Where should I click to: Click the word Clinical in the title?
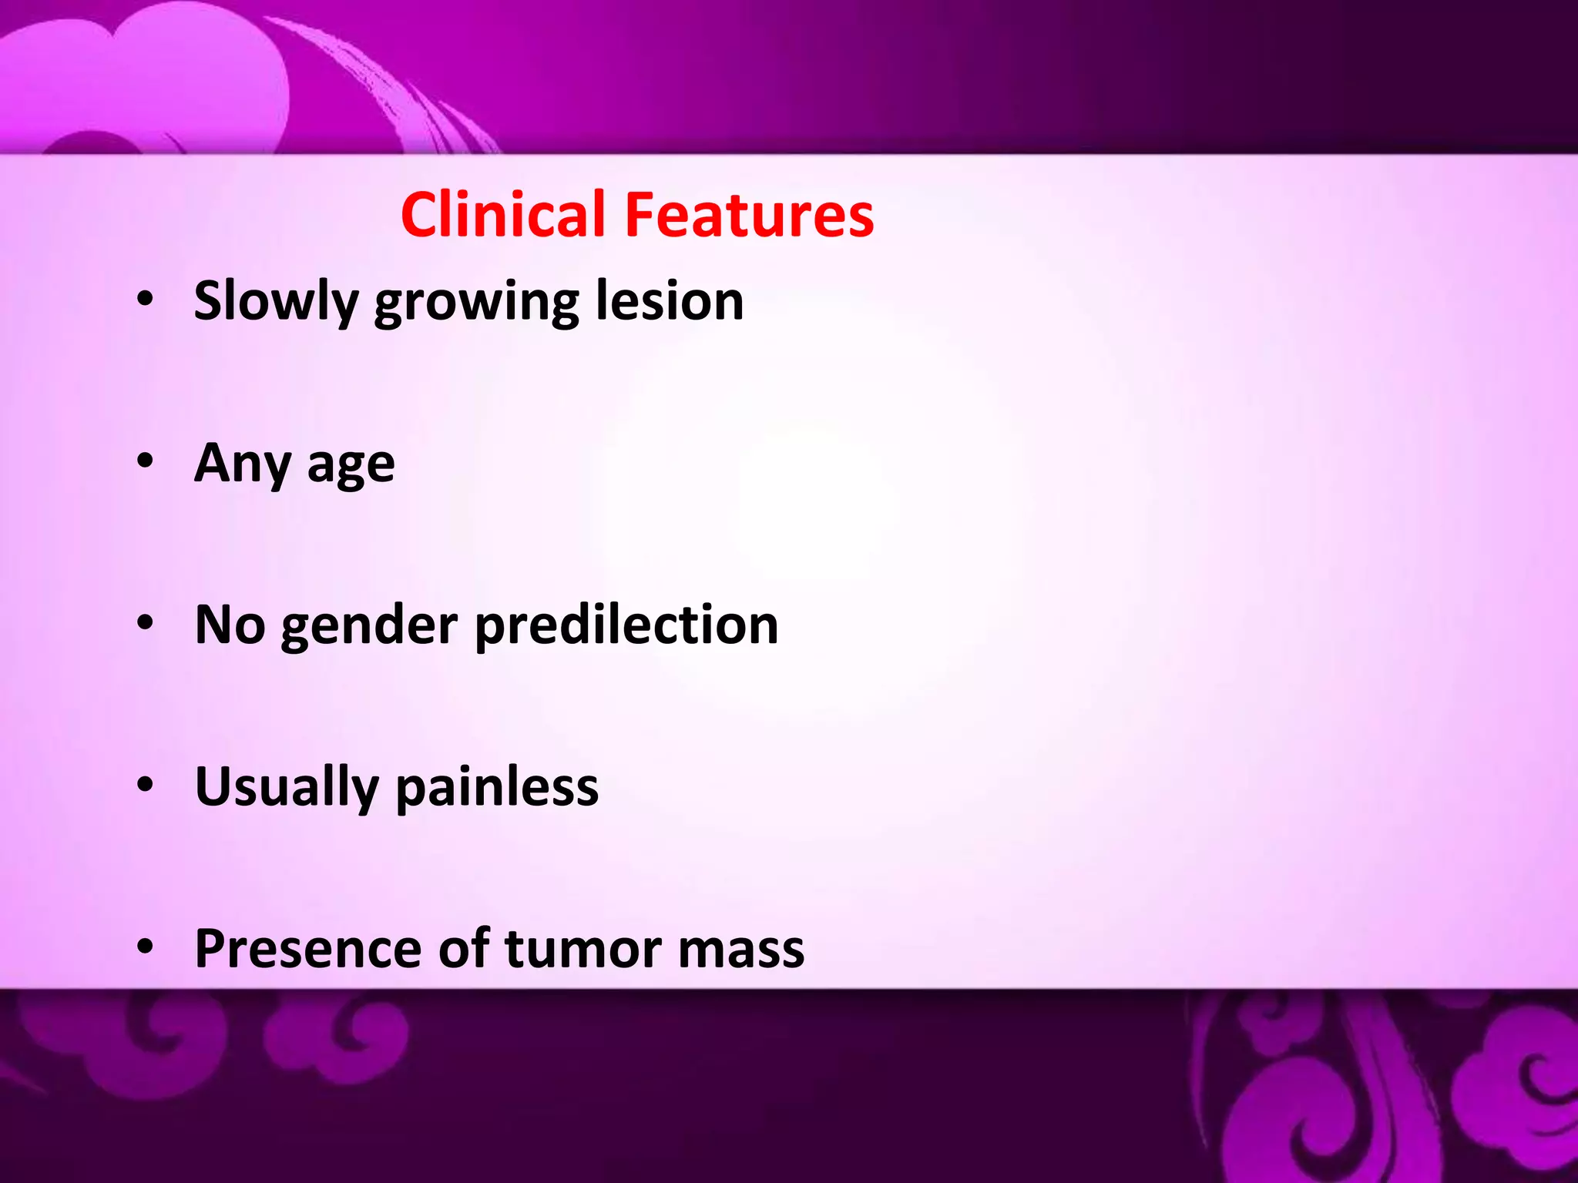(503, 215)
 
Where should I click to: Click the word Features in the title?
(749, 215)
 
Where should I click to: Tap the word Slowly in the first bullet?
(275, 302)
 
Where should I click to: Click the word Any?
(243, 464)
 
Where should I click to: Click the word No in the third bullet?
(230, 625)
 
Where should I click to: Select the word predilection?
(626, 625)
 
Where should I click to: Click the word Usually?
(287, 788)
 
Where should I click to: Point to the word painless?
(497, 788)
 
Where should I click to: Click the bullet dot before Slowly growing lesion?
(146, 300)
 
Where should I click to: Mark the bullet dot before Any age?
(146, 461)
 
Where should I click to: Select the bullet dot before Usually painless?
(146, 785)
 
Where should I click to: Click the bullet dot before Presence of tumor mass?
(146, 947)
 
